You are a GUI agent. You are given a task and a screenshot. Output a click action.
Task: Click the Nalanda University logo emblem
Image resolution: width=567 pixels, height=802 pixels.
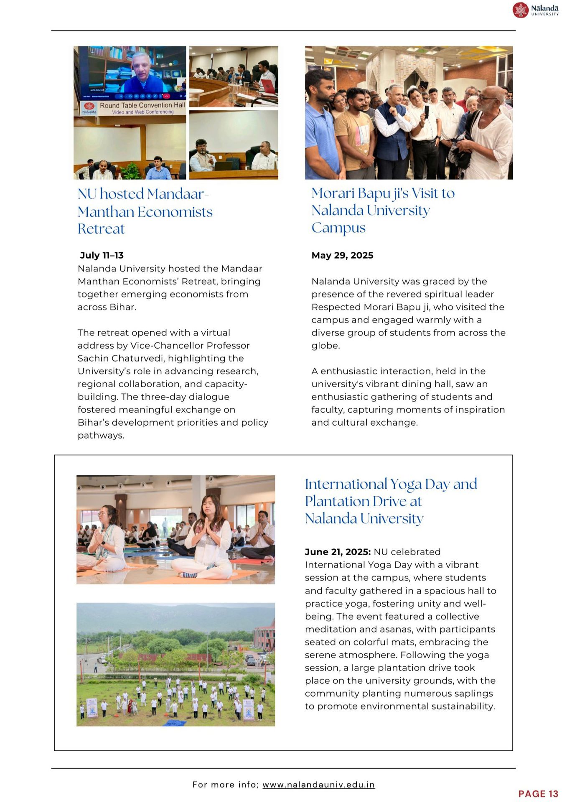pos(520,10)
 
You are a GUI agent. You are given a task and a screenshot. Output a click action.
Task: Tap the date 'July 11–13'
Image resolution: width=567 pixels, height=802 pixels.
pos(102,255)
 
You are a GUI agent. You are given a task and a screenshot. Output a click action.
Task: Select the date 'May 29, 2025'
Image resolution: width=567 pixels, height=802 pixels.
pos(342,255)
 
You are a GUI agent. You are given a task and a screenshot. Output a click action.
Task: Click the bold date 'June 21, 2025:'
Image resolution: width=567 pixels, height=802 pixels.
pos(338,552)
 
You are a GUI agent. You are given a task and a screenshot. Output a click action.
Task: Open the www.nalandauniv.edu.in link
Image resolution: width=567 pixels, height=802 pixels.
pos(318,784)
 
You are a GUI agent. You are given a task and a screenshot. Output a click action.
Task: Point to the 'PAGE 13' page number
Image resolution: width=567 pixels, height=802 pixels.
pos(538,794)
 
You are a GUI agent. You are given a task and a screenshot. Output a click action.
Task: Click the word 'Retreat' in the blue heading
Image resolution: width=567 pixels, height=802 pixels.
pos(101,229)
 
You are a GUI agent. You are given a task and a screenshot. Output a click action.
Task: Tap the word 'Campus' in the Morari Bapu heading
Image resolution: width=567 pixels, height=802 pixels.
pos(338,228)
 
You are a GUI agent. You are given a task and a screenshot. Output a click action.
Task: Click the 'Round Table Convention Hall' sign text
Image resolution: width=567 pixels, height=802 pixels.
pos(142,105)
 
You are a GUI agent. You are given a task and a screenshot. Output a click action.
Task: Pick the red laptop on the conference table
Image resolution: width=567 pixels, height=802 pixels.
pos(267,86)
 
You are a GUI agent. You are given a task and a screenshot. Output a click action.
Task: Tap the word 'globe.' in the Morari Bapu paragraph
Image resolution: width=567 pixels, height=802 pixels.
pos(325,345)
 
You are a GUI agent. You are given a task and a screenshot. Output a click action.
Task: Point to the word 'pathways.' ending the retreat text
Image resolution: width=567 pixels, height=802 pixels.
pos(101,435)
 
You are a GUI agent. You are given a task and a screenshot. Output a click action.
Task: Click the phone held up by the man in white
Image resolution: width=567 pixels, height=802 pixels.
pos(426,112)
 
